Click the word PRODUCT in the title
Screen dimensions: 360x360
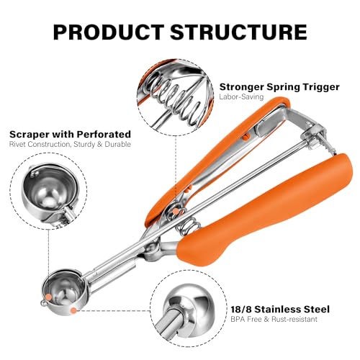[x=109, y=32]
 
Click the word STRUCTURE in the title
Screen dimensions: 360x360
[x=239, y=32]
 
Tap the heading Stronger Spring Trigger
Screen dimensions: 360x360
[x=279, y=87]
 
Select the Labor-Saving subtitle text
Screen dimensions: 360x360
[x=241, y=97]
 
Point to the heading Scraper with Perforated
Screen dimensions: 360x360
[x=70, y=134]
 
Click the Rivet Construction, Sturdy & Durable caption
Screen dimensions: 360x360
[x=70, y=145]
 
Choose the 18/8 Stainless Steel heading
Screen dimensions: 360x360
[x=280, y=309]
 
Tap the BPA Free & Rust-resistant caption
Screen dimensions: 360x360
[x=274, y=319]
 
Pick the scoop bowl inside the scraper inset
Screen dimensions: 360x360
[x=50, y=189]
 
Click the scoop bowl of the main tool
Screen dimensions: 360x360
[x=63, y=292]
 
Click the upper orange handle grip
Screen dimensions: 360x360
[x=216, y=158]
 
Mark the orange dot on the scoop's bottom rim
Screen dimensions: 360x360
[x=74, y=310]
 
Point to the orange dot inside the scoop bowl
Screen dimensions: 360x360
[x=48, y=297]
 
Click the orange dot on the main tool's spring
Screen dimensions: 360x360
[x=176, y=211]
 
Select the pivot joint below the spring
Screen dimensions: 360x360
[x=152, y=250]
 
